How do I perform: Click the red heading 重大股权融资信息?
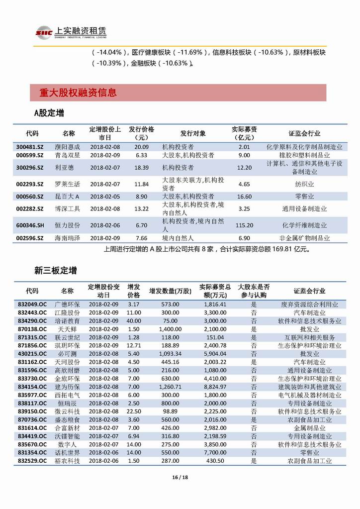78,93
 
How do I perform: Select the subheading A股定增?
49,113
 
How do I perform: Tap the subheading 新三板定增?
55,271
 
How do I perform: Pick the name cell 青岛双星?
67,155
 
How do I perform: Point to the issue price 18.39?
142,168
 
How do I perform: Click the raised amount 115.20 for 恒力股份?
244,225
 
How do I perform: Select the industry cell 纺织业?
304,184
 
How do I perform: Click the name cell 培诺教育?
67,321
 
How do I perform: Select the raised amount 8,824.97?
215,386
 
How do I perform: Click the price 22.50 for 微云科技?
133,411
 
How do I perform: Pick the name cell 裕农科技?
67,460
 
